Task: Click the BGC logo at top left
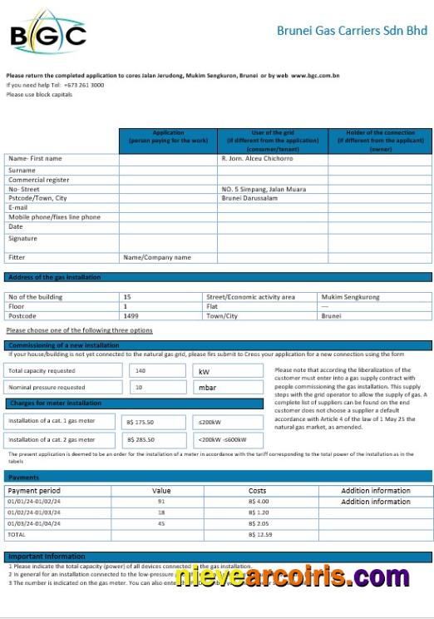coord(47,36)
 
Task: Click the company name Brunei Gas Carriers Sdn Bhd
coord(352,31)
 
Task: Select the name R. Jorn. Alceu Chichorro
coord(257,158)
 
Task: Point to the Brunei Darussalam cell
coord(249,198)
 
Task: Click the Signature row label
coord(22,239)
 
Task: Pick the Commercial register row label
coord(39,180)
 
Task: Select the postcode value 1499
coord(131,316)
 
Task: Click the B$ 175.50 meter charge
coord(140,422)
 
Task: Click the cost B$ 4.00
coord(258,502)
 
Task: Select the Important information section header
coord(47,556)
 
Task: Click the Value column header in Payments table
coord(160,491)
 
